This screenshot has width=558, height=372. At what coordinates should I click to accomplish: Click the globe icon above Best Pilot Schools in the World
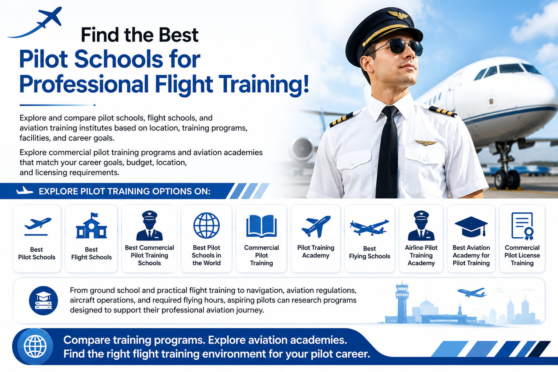click(206, 225)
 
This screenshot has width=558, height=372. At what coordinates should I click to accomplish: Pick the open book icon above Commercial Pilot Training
click(261, 226)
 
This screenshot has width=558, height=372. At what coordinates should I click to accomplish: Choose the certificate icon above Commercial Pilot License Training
click(522, 226)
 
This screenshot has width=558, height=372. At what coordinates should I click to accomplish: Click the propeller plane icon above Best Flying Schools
click(369, 227)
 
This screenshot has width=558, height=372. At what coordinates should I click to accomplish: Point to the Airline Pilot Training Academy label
click(421, 255)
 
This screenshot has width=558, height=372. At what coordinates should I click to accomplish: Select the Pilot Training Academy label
click(316, 251)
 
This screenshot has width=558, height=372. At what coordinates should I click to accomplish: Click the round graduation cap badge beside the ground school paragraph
click(43, 300)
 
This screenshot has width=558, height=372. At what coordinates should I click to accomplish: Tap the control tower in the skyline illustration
click(402, 302)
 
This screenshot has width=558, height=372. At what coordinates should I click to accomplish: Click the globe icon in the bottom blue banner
click(35, 346)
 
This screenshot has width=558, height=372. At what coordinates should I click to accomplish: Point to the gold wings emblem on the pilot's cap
click(398, 15)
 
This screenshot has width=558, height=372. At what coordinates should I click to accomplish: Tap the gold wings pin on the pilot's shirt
click(426, 142)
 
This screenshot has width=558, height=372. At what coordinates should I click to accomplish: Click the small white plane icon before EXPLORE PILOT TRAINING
click(25, 191)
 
